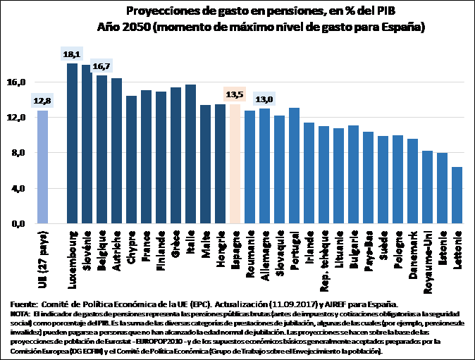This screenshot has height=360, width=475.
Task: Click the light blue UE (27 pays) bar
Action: [x=42, y=167]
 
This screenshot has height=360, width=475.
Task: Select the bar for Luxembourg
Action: [x=72, y=144]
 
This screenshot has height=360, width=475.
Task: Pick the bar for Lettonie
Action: [x=457, y=195]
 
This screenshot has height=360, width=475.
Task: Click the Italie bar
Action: [x=190, y=154]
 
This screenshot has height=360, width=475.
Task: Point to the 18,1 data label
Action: [x=71, y=54]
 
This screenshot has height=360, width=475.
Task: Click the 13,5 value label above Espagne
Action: [x=235, y=94]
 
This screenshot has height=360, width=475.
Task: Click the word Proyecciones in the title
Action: [x=160, y=11]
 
